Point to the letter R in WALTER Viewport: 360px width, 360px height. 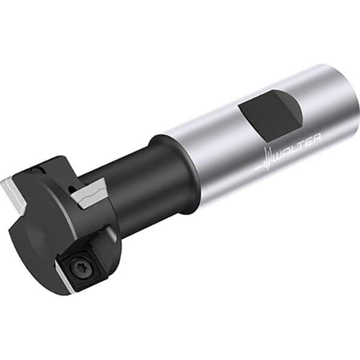[x=316, y=137]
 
